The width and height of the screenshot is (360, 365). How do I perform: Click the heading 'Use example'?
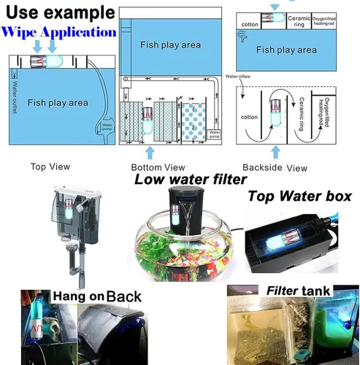coord(58,12)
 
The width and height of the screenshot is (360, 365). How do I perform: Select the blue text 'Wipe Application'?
coord(59,32)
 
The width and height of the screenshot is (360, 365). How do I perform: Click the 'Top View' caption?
coord(50,166)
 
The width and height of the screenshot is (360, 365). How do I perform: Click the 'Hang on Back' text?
coord(96,296)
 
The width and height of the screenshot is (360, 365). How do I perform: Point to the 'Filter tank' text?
coord(296,291)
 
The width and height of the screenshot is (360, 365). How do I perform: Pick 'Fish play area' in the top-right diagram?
coord(286,50)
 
